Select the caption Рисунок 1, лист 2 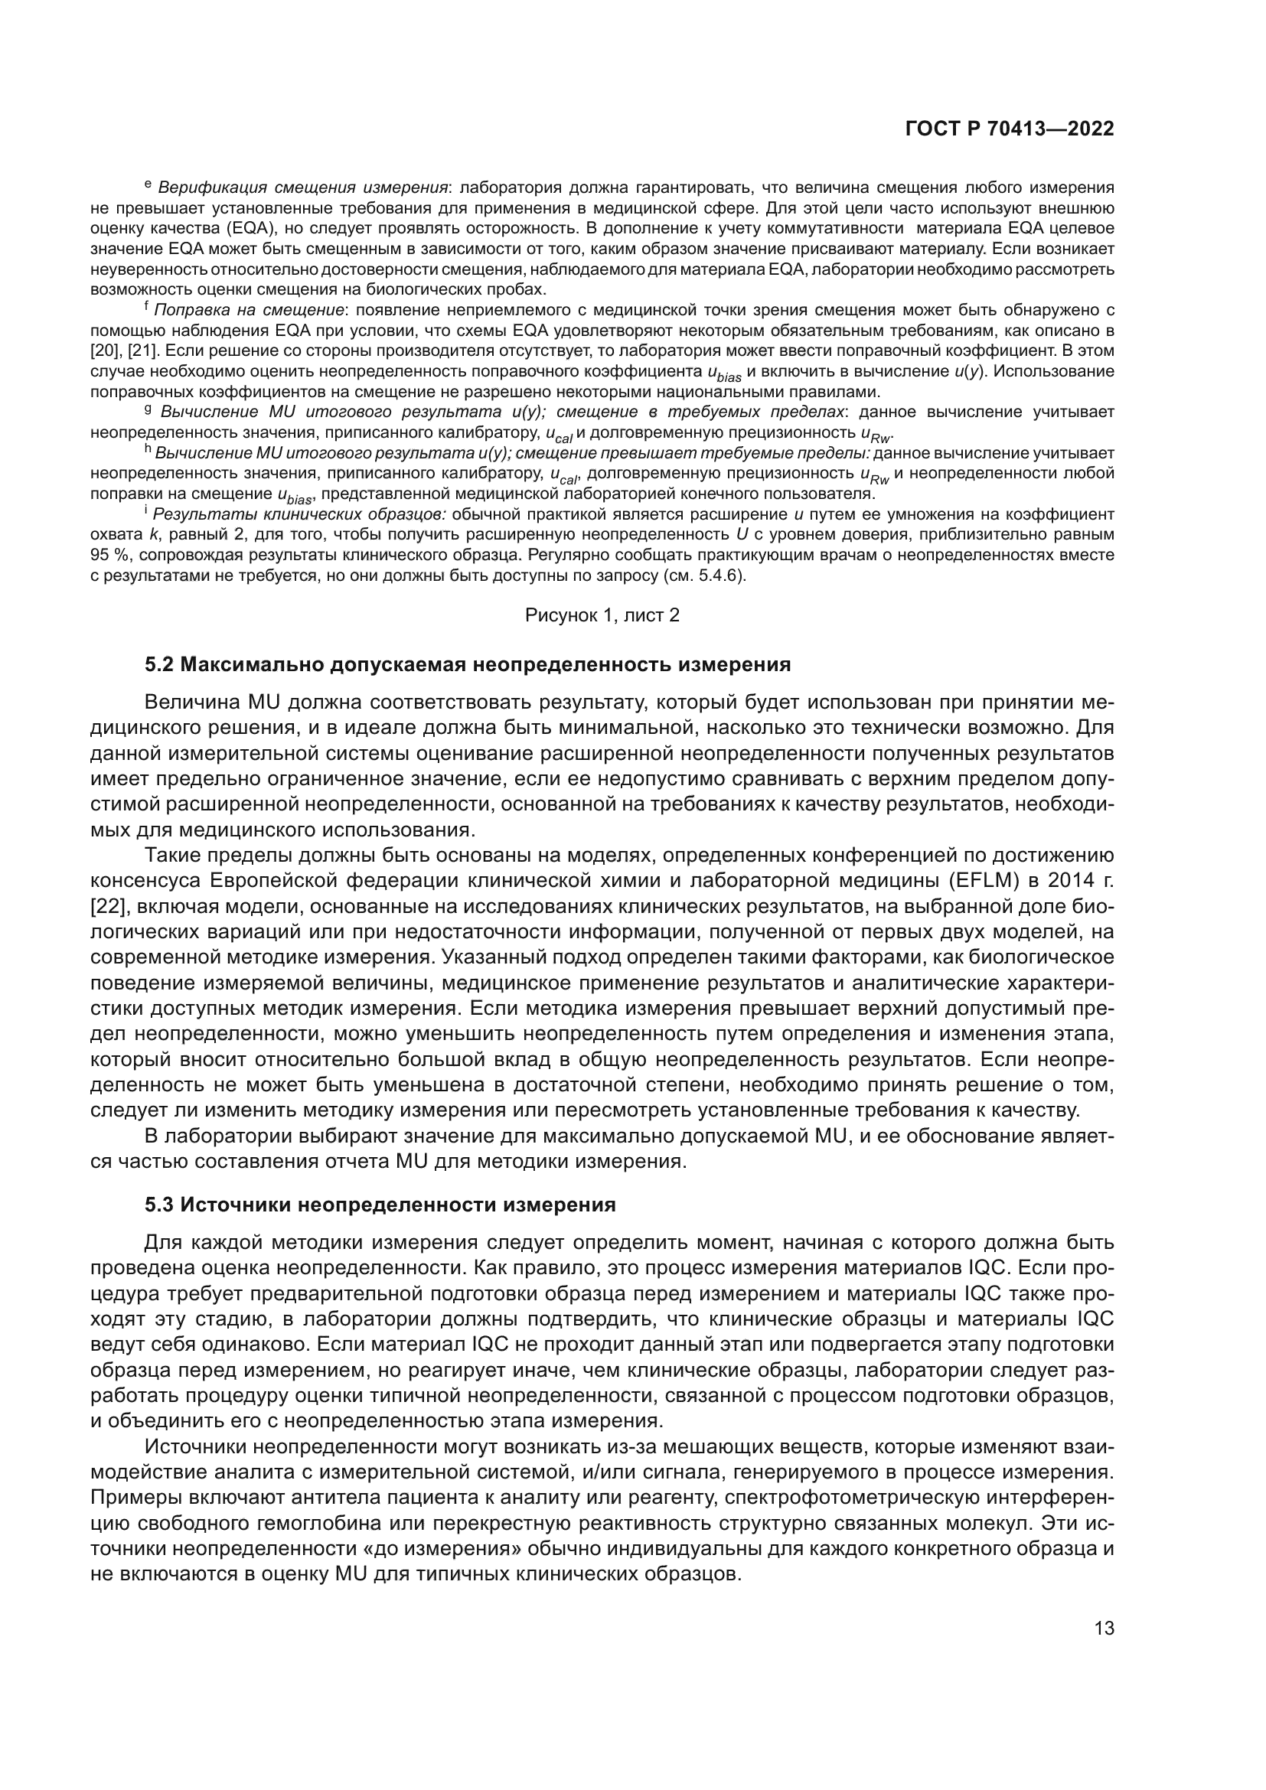602,615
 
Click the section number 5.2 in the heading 160,665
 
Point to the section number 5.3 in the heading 160,1205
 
